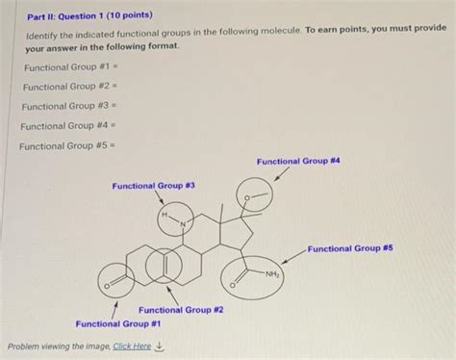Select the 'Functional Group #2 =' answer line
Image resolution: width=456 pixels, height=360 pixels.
pos(63,88)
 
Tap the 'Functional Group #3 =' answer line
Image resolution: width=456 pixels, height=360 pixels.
pos(63,107)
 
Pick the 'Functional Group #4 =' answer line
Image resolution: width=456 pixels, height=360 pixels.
pos(63,126)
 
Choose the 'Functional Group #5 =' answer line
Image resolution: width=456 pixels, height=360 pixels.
pos(62,146)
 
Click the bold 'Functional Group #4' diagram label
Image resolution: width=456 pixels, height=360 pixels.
pos(299,161)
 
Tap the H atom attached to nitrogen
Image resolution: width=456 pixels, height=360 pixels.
pos(165,215)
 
